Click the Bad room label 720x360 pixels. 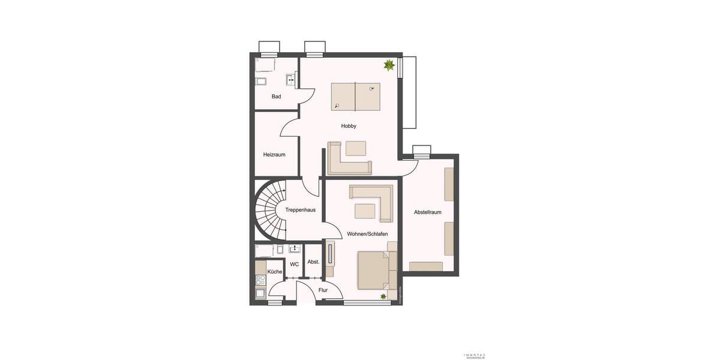coord(276,97)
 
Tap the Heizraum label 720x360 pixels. coord(274,155)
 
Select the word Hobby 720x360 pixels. coord(349,126)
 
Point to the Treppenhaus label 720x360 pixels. coord(301,210)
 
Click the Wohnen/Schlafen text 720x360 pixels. coord(367,234)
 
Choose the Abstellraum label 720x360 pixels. coord(428,212)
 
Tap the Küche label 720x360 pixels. coord(275,272)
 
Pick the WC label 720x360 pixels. coord(295,264)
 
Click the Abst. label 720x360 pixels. coord(313,262)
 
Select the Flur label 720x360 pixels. coord(323,290)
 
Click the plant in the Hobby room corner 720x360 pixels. coord(389,64)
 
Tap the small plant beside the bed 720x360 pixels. coord(383,296)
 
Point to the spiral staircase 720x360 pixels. coord(268,211)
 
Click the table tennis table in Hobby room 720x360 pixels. coord(355,97)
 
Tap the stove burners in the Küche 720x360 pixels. coord(261,280)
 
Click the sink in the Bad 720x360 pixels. coord(291,79)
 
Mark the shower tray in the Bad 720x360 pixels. coord(265,65)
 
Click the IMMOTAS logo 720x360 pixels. coord(473,355)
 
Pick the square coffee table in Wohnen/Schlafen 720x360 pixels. coord(365,211)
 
